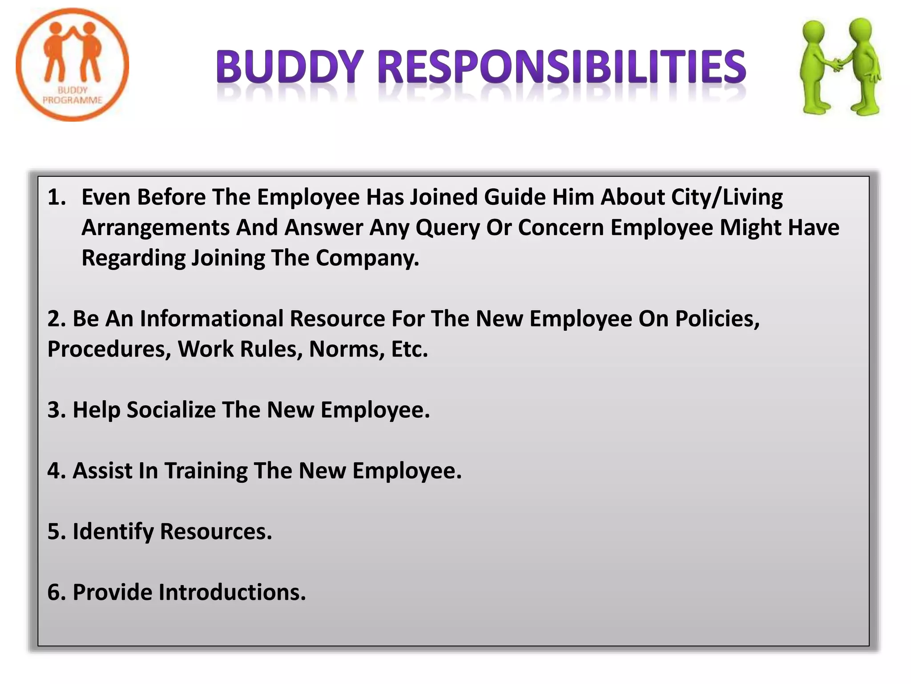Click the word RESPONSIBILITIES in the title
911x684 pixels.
pos(562,67)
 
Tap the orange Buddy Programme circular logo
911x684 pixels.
pos(73,65)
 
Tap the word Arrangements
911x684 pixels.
pos(155,228)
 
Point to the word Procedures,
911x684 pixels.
pos(109,349)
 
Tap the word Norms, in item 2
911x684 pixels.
pos(347,349)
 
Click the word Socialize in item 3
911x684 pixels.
pos(171,410)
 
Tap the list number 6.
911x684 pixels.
pos(56,592)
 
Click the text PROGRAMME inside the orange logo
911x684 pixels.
pos(73,100)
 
